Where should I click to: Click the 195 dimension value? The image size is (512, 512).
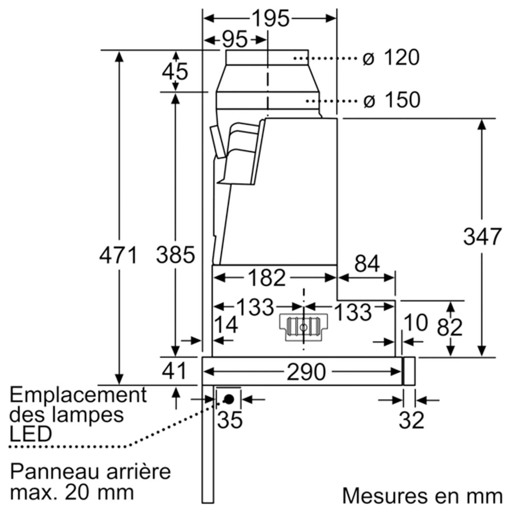coord(270,18)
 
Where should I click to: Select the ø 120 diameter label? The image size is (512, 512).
coord(391,58)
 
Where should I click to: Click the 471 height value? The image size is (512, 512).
coord(118,255)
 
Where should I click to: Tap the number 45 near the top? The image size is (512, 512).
coord(175,72)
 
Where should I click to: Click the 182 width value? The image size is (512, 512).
coord(267,278)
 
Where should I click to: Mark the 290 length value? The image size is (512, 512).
coord(306,372)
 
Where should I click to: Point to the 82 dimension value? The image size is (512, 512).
coord(449,327)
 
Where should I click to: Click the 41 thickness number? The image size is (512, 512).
coord(174,371)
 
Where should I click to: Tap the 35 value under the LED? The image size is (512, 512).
coord(230,420)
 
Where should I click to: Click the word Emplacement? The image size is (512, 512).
coord(78,395)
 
